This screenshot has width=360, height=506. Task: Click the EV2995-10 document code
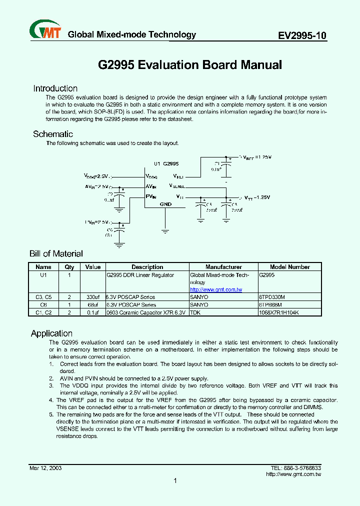pyautogui.click(x=302, y=35)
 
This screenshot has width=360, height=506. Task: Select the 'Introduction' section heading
pyautogui.click(x=55, y=88)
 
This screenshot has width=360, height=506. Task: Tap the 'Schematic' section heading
pyautogui.click(x=53, y=134)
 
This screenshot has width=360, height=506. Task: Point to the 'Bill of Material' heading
pyautogui.click(x=56, y=254)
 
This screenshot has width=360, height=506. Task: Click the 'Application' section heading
pyautogui.click(x=51, y=333)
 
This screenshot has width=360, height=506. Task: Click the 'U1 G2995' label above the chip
pyautogui.click(x=166, y=163)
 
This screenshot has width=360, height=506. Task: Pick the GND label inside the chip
pyautogui.click(x=165, y=204)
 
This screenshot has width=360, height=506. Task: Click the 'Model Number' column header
pyautogui.click(x=290, y=267)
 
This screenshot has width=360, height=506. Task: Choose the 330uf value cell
pyautogui.click(x=93, y=297)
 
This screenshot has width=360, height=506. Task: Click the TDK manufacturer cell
pyautogui.click(x=194, y=312)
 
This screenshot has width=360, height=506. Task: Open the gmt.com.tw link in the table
pyautogui.click(x=216, y=290)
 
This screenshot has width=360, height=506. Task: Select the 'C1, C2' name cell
pyautogui.click(x=43, y=312)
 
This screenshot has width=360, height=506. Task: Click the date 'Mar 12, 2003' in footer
pyautogui.click(x=45, y=468)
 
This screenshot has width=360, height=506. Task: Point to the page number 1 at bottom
pyautogui.click(x=175, y=481)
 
